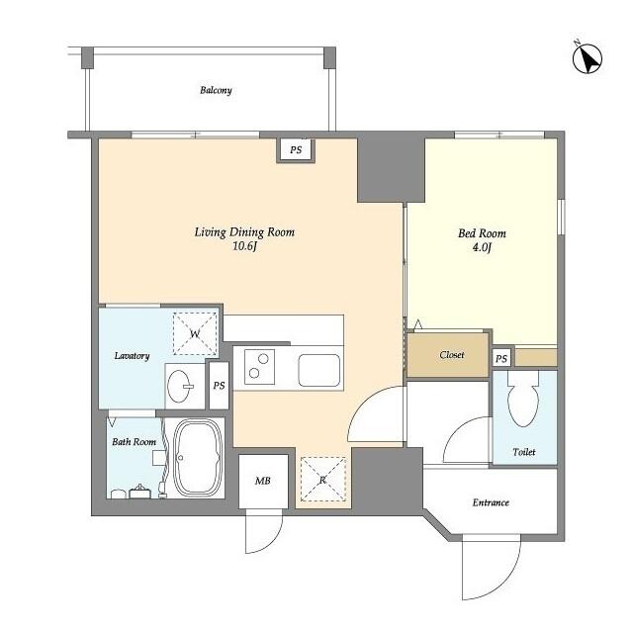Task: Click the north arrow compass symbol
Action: click(588, 58)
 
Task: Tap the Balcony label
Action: click(216, 90)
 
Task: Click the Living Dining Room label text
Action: click(244, 232)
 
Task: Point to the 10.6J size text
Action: click(244, 246)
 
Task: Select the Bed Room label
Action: click(482, 233)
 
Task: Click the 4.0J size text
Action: click(482, 247)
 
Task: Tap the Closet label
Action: click(452, 355)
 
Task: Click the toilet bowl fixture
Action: click(523, 399)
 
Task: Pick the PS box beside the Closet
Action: click(501, 358)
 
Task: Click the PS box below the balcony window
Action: click(296, 150)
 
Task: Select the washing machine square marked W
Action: click(195, 334)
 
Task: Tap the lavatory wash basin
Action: click(179, 387)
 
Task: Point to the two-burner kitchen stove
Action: click(259, 367)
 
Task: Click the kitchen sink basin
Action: click(319, 370)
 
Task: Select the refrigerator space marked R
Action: click(323, 480)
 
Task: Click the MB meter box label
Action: click(262, 481)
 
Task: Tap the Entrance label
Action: click(491, 502)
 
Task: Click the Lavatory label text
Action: click(132, 356)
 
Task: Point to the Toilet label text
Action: click(524, 452)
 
